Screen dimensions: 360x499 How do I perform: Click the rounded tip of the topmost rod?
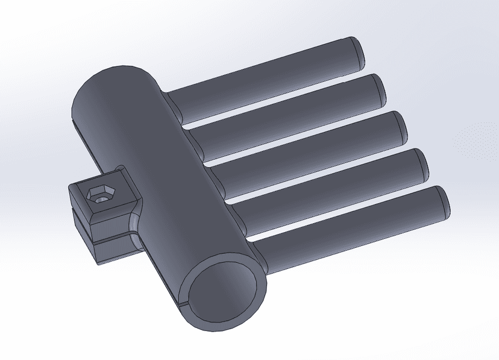pyautogui.click(x=358, y=51)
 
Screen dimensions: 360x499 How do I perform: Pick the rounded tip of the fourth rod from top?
pyautogui.click(x=421, y=163)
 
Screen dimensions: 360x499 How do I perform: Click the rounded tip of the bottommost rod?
pyautogui.click(x=443, y=201)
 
